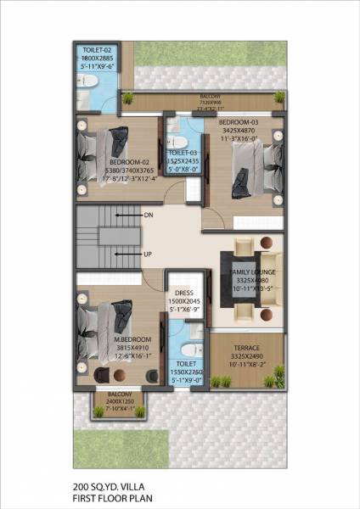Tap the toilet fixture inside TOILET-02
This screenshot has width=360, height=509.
[x=87, y=81]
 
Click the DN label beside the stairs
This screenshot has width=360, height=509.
[x=149, y=215]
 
